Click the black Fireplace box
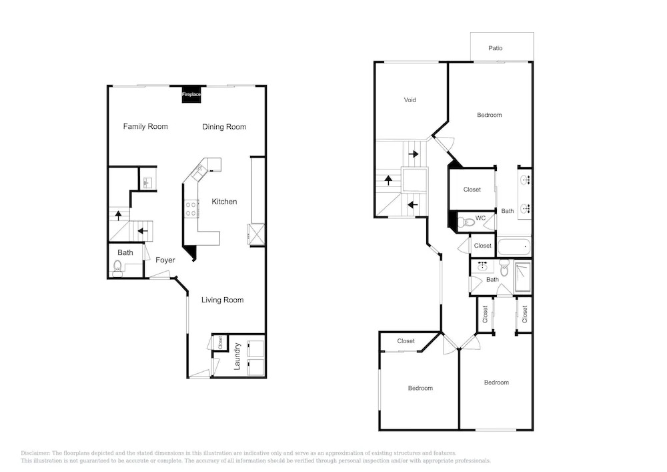click(x=191, y=94)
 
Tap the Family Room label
click(x=145, y=126)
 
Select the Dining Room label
click(x=224, y=127)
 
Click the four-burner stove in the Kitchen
click(x=191, y=208)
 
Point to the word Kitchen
click(x=224, y=202)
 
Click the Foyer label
click(x=165, y=260)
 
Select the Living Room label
click(x=223, y=300)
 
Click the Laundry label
click(x=237, y=357)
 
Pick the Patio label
click(x=495, y=49)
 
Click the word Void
click(x=410, y=100)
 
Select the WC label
click(x=480, y=218)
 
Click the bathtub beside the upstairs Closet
click(x=514, y=247)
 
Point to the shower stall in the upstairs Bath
click(x=523, y=277)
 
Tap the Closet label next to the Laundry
click(x=220, y=342)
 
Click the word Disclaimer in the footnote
click(x=35, y=453)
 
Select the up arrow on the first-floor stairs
click(x=118, y=216)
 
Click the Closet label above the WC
click(x=472, y=190)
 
